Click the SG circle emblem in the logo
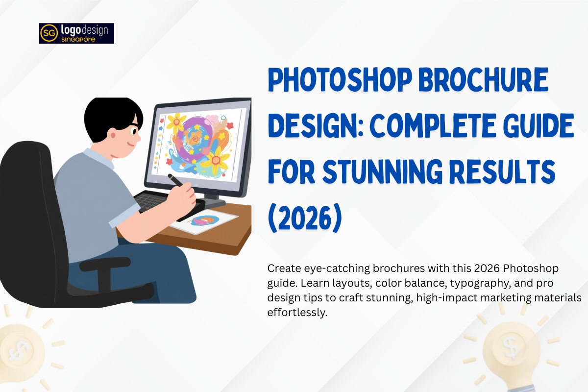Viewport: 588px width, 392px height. coord(49,33)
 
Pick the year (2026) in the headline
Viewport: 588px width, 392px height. coord(304,218)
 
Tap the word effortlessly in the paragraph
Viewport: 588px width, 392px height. coord(297,312)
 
